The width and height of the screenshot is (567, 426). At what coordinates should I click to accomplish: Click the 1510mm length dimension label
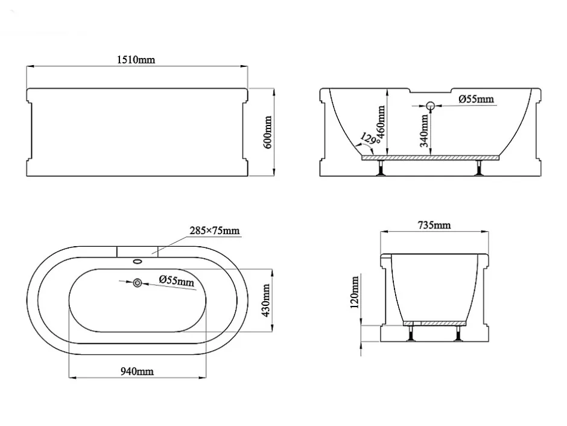pyautogui.click(x=136, y=60)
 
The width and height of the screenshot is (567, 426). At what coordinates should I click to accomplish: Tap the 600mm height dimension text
pyautogui.click(x=268, y=132)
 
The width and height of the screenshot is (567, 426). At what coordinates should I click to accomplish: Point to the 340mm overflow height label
pyautogui.click(x=424, y=130)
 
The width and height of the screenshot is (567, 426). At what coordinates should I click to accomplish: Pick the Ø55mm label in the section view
pyautogui.click(x=477, y=99)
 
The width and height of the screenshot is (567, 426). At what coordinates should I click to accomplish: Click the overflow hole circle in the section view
pyautogui.click(x=430, y=106)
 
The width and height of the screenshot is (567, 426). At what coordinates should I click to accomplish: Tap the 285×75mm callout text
pyautogui.click(x=214, y=230)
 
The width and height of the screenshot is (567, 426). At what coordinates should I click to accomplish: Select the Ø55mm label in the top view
pyautogui.click(x=177, y=280)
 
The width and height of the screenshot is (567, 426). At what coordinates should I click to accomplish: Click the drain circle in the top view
pyautogui.click(x=138, y=283)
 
